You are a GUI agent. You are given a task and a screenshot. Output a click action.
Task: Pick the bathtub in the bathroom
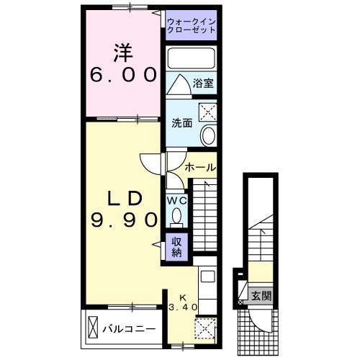(x=191, y=58)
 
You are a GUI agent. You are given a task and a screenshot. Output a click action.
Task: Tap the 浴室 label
(x=202, y=84)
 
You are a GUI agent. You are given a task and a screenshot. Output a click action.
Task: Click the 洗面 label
(x=181, y=123)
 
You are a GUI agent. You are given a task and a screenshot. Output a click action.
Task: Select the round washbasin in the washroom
(x=208, y=135)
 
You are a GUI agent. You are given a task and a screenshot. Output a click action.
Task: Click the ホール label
(x=200, y=167)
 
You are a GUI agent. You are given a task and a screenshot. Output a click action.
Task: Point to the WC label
(x=177, y=201)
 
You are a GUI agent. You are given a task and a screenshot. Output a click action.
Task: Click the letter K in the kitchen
(x=182, y=297)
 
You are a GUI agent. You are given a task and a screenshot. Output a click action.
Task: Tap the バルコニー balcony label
(x=128, y=329)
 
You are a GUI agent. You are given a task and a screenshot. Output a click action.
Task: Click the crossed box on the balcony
(x=94, y=328)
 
